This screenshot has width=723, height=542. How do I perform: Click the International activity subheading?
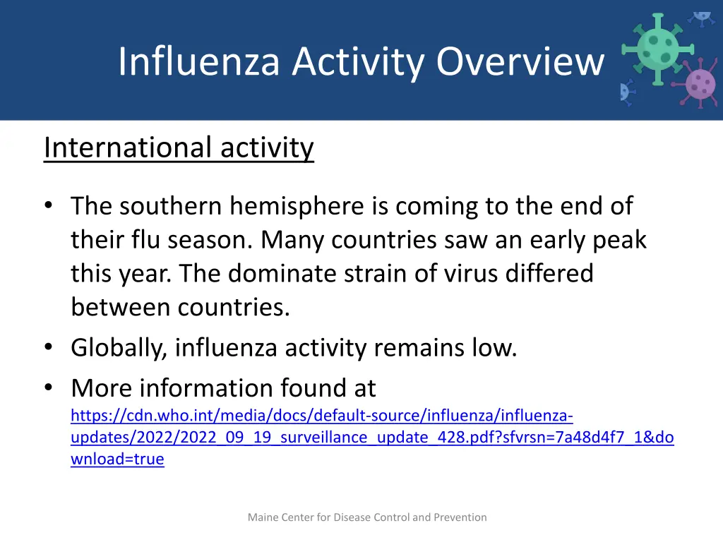pos(179,147)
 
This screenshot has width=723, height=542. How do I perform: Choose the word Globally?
pos(119,348)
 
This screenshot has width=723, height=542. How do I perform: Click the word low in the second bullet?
pos(496,348)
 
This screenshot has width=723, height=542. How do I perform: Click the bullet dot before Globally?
pos(48,348)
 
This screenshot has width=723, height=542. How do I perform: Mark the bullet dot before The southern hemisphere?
pos(48,206)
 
